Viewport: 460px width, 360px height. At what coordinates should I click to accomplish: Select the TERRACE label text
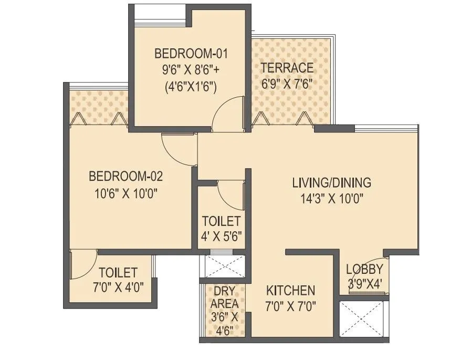click(287, 68)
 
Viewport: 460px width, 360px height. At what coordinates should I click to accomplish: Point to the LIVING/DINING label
click(331, 183)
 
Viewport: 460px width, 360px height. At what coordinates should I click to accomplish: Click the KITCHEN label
click(290, 291)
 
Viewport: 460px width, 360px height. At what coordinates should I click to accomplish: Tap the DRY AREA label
click(224, 298)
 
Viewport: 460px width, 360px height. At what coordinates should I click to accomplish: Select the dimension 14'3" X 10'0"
click(331, 199)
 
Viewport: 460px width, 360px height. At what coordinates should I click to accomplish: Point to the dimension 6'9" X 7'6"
click(287, 84)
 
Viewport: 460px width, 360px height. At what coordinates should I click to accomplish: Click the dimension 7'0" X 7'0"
click(290, 306)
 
